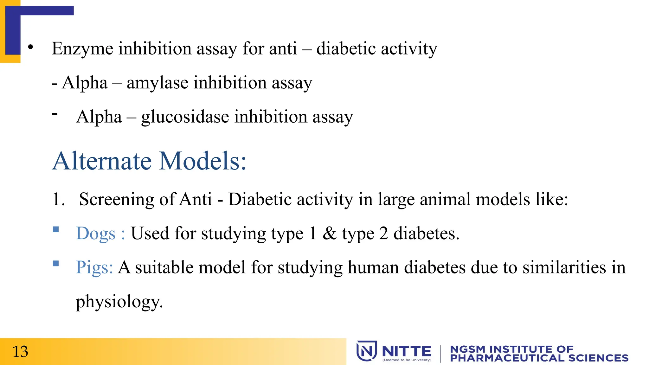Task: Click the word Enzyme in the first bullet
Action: (82, 49)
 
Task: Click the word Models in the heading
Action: (202, 161)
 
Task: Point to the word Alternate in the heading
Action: (102, 161)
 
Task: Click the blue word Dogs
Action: (96, 234)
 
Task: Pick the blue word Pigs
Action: (94, 267)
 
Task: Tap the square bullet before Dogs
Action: (56, 229)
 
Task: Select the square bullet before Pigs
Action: (56, 263)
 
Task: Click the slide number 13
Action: (20, 352)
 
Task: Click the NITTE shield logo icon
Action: (367, 351)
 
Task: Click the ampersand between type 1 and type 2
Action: (330, 234)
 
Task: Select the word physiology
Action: (119, 302)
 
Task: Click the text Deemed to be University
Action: (407, 360)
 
